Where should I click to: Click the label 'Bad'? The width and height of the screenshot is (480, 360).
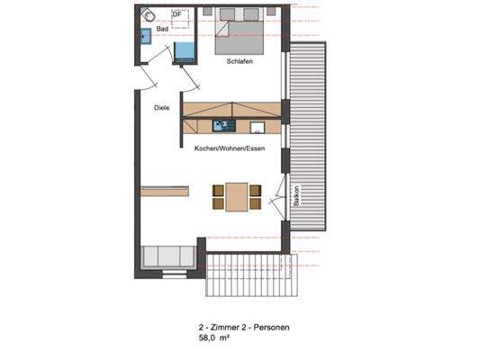coord(162,30)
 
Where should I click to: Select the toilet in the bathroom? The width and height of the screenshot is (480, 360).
coord(149,15)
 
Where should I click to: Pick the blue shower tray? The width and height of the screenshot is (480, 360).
coord(185,50)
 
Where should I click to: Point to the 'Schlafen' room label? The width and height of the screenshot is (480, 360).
coord(240,61)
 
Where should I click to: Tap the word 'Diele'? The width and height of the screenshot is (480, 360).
coord(161,108)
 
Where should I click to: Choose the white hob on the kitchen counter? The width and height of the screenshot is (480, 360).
coord(258,126)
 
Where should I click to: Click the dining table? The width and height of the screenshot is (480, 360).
coord(237,196)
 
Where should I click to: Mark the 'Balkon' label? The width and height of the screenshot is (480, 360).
coord(296,197)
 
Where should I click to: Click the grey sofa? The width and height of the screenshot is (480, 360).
coord(168,256)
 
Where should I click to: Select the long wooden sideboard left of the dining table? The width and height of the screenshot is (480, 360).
coord(165,190)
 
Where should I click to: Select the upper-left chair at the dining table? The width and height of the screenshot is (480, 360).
coord(218,189)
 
